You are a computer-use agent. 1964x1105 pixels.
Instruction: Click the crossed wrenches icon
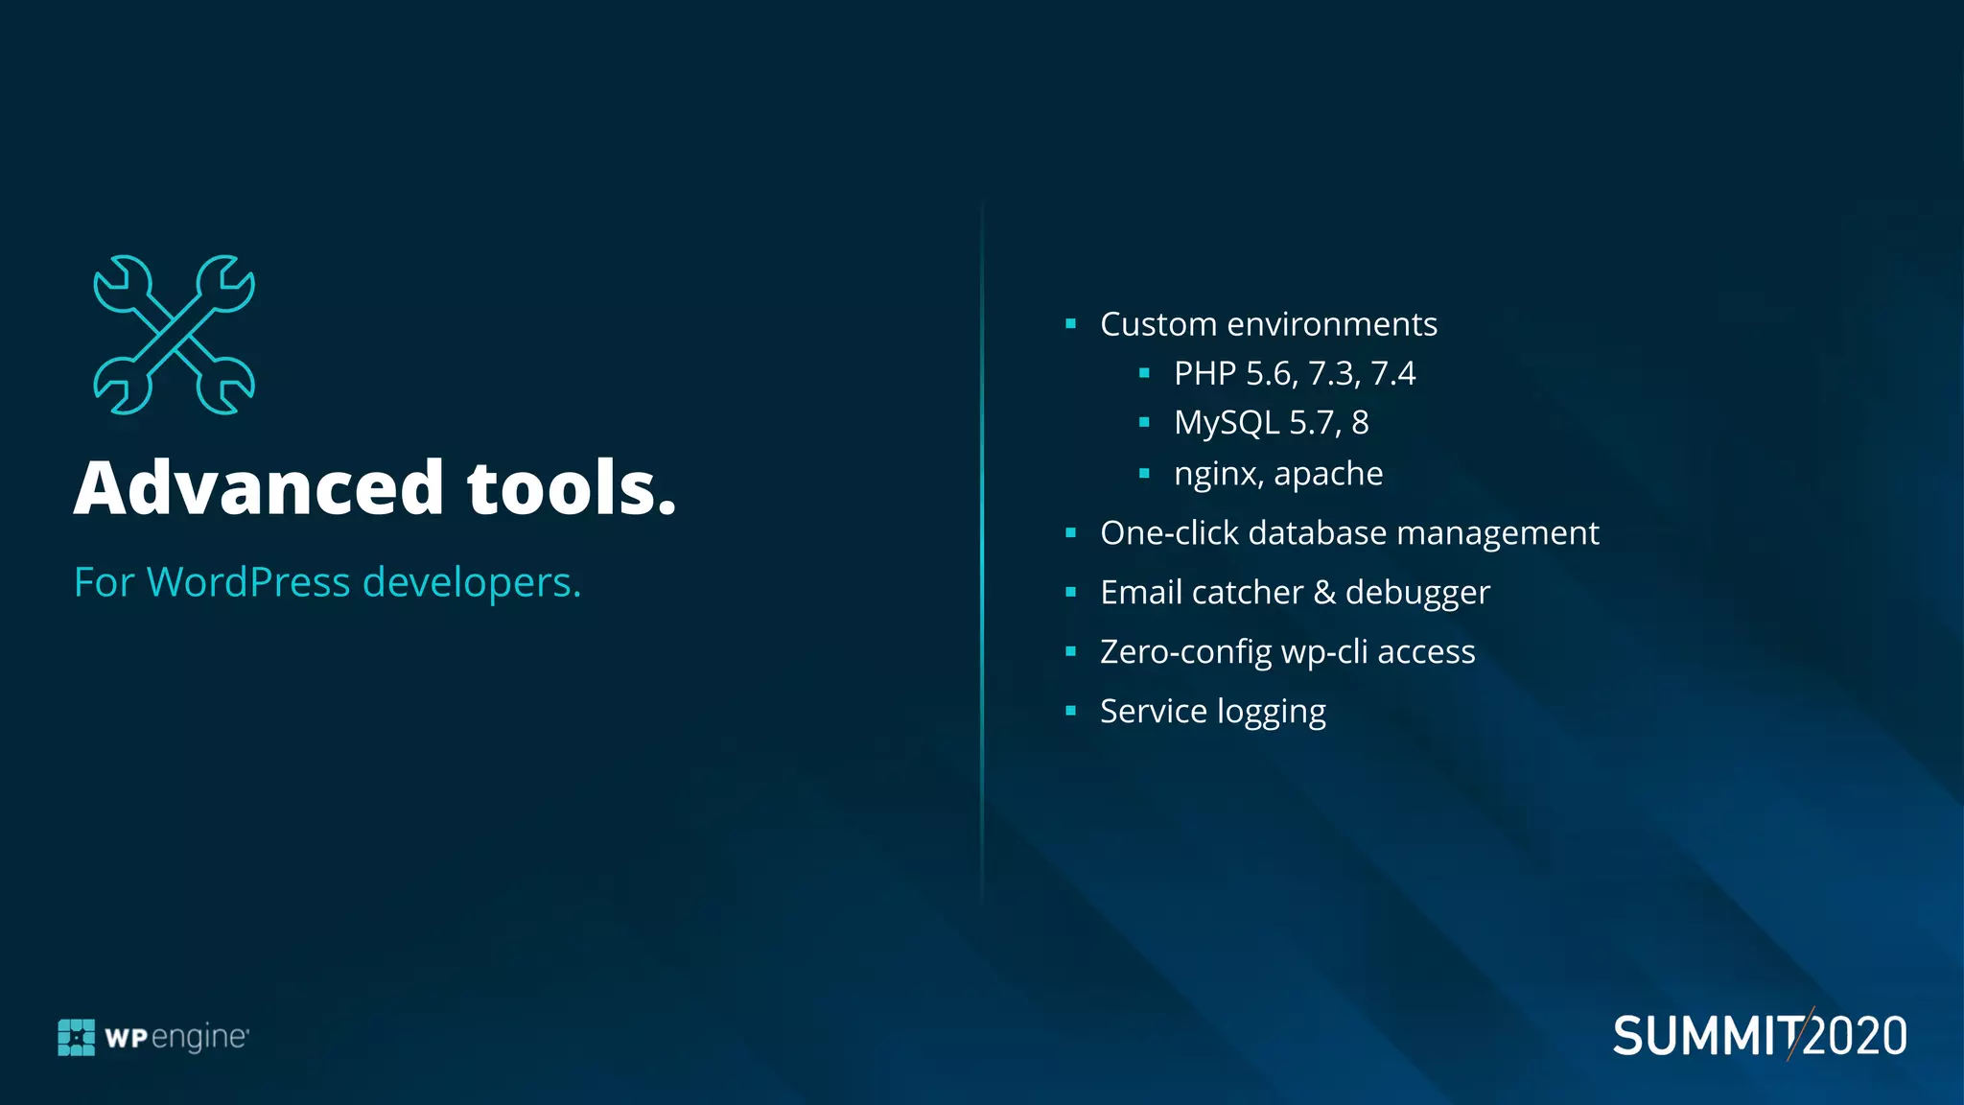pyautogui.click(x=175, y=335)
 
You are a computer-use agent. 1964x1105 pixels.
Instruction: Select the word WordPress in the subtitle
pyautogui.click(x=248, y=582)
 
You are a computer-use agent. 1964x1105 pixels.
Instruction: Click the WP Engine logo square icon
pyautogui.click(x=77, y=1037)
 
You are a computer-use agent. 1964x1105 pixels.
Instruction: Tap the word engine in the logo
pyautogui.click(x=199, y=1038)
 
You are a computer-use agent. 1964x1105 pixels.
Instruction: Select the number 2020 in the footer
pyautogui.click(x=1857, y=1037)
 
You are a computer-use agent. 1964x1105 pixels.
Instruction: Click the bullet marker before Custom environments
pyautogui.click(x=1071, y=324)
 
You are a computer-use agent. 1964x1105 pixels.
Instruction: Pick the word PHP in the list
pyautogui.click(x=1204, y=373)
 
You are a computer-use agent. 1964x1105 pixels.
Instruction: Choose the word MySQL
pyautogui.click(x=1227, y=423)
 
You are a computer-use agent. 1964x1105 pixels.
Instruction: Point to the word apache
pyautogui.click(x=1328, y=475)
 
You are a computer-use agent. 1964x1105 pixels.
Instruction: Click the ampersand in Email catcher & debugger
pyautogui.click(x=1324, y=593)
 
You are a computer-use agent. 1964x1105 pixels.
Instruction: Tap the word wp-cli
pyautogui.click(x=1324, y=653)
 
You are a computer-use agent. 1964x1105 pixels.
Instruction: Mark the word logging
pyautogui.click(x=1272, y=713)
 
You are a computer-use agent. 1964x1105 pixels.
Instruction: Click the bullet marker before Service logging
pyautogui.click(x=1071, y=711)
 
